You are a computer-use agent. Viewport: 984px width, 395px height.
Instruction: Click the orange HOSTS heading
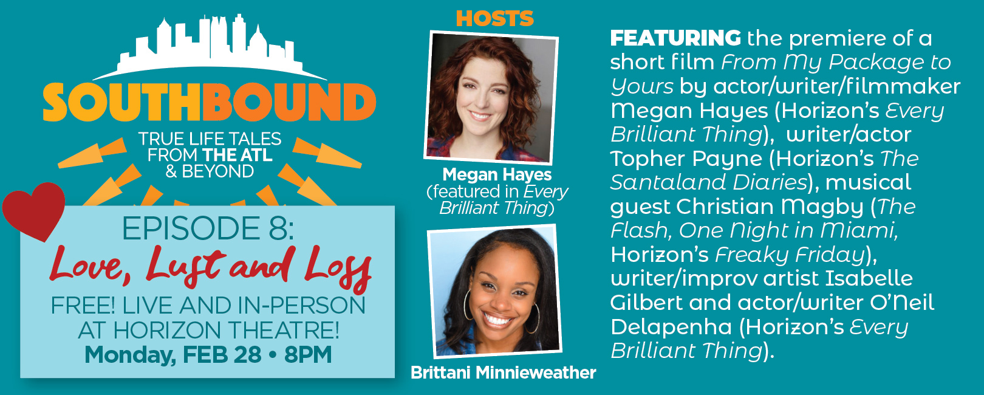(494, 18)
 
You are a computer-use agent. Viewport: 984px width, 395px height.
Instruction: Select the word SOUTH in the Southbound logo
(121, 102)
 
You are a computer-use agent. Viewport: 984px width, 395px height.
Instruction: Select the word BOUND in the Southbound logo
(289, 102)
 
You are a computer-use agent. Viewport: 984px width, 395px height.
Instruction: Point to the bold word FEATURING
(675, 38)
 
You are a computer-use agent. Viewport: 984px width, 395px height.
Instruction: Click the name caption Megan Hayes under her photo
(497, 174)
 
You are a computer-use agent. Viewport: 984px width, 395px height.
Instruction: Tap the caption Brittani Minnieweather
(504, 373)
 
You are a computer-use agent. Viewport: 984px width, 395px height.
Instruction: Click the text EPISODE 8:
(208, 228)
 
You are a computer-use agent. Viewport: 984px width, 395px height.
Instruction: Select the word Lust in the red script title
(186, 266)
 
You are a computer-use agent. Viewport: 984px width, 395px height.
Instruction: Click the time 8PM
(307, 354)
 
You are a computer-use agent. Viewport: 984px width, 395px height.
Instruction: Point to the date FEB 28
(222, 354)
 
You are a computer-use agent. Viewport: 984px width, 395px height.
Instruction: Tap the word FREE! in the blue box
(83, 306)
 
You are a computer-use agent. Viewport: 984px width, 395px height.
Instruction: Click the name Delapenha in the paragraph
(671, 328)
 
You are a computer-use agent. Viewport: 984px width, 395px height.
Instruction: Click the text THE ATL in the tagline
(237, 155)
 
